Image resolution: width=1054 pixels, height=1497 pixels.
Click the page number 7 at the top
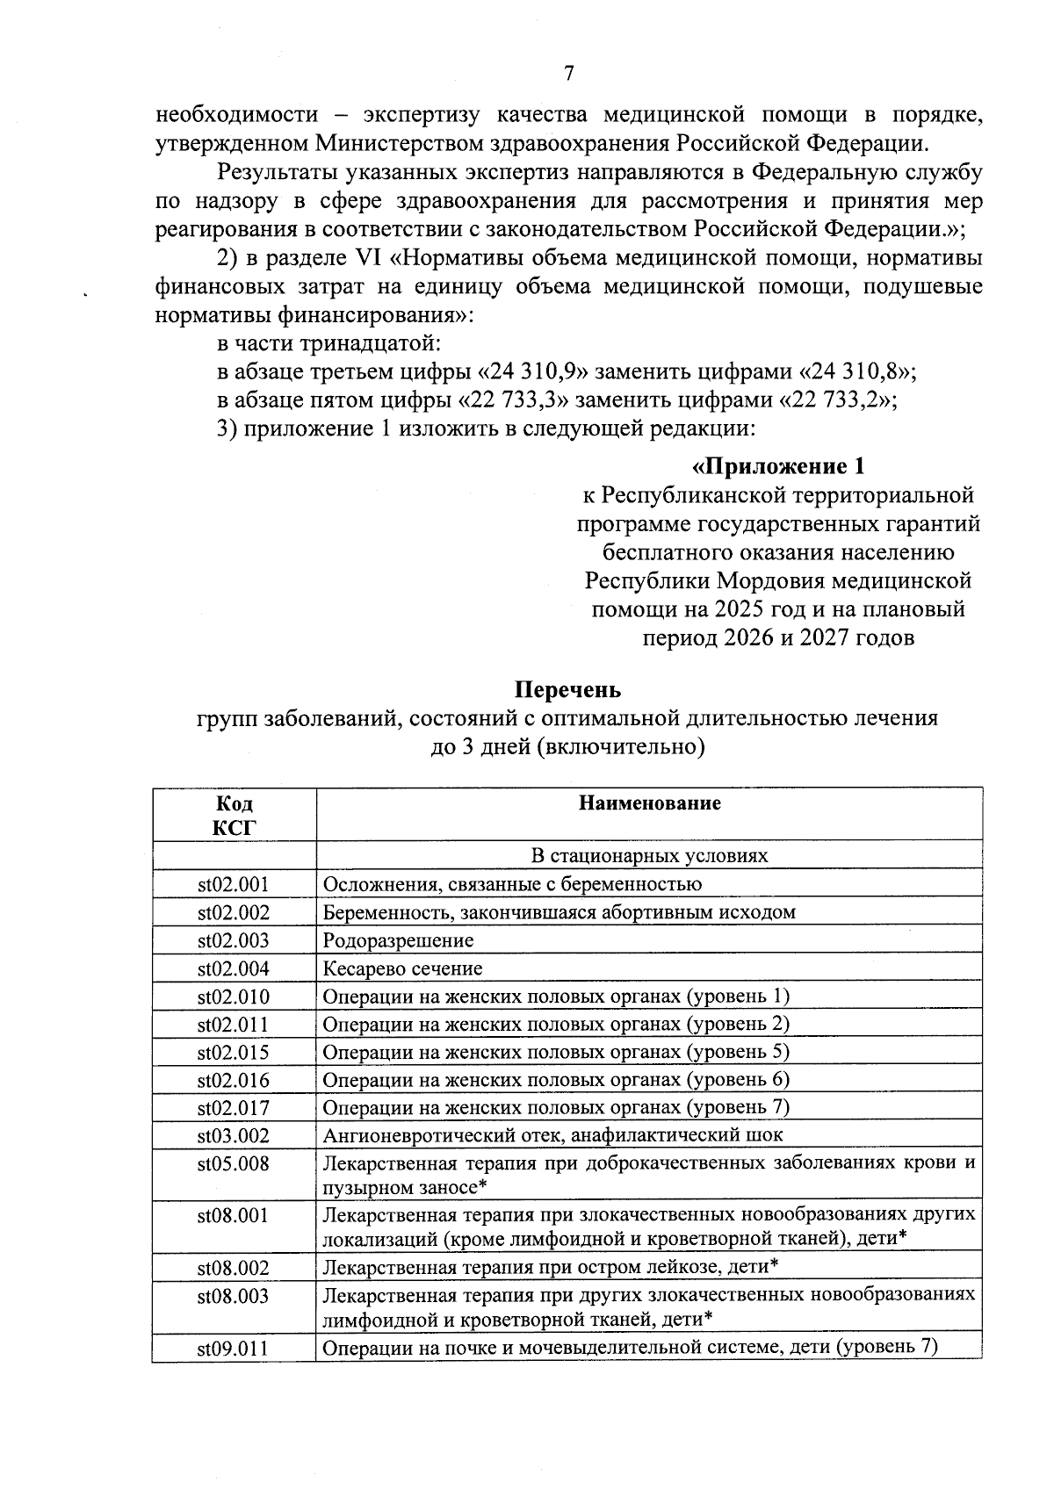(x=568, y=74)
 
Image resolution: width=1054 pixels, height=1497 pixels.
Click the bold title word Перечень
(x=567, y=689)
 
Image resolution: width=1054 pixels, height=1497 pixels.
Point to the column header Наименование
(x=649, y=803)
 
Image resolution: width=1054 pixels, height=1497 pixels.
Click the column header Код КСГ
(x=234, y=815)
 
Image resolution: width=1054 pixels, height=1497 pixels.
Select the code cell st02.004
(x=234, y=969)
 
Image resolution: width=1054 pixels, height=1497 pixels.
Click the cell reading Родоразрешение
(x=398, y=941)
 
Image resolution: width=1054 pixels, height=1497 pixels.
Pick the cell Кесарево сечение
(x=402, y=969)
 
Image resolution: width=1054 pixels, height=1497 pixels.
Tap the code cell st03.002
(x=234, y=1136)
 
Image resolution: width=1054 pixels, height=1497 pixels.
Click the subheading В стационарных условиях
(x=649, y=856)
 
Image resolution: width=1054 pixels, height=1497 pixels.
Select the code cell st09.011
(x=234, y=1349)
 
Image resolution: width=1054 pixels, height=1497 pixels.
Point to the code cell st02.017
(x=234, y=1108)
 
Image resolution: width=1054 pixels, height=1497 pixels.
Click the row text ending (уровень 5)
(x=556, y=1053)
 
